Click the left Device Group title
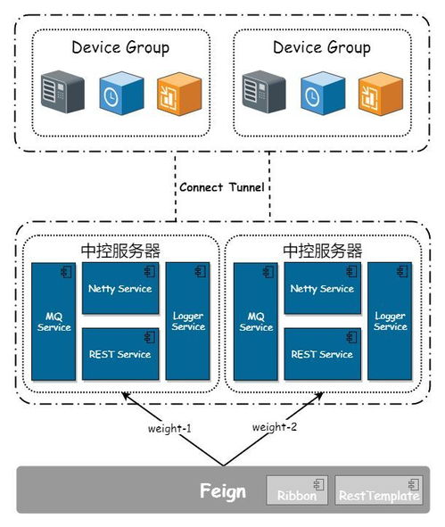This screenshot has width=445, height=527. click(x=120, y=47)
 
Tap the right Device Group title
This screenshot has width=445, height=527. click(x=322, y=47)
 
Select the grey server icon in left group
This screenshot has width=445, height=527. click(x=62, y=92)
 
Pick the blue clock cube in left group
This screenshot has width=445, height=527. click(x=121, y=93)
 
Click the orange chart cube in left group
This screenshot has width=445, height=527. click(x=179, y=94)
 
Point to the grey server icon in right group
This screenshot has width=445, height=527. click(x=264, y=92)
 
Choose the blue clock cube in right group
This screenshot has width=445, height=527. click(x=323, y=93)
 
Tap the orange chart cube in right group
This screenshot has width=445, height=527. click(x=381, y=94)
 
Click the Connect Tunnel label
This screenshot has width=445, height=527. click(x=222, y=187)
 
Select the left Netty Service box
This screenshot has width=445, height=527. click(x=120, y=288)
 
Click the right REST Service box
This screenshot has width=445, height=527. click(x=322, y=354)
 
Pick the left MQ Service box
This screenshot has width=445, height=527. click(x=54, y=322)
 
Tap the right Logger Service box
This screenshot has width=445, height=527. click(x=390, y=321)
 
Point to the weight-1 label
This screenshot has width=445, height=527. click(x=169, y=429)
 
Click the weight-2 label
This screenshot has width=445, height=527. click(x=275, y=427)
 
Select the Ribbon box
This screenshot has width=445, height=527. click(x=297, y=490)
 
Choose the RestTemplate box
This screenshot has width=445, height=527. click(x=379, y=490)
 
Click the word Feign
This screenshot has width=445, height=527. click(x=223, y=491)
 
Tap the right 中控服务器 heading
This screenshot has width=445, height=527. click(x=322, y=251)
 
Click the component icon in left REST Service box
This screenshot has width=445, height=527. click(x=150, y=337)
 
